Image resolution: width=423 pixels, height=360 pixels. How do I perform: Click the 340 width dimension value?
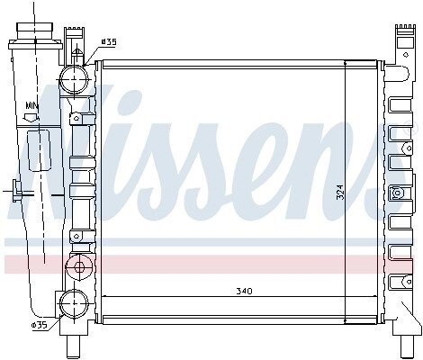pyautogui.click(x=244, y=291)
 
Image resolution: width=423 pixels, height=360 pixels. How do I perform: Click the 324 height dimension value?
pyautogui.click(x=340, y=192)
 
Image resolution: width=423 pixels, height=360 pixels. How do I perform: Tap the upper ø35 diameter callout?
pyautogui.click(x=108, y=42)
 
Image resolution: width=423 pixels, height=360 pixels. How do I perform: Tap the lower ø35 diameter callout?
pyautogui.click(x=40, y=325)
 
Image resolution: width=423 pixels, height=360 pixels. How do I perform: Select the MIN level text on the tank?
pyautogui.click(x=32, y=105)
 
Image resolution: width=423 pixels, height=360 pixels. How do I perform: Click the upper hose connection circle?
pyautogui.click(x=74, y=79)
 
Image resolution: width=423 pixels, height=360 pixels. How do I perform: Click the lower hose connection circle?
pyautogui.click(x=74, y=304)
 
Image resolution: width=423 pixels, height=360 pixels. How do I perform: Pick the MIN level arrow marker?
pyautogui.click(x=31, y=118)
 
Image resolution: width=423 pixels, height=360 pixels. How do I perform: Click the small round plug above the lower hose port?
pyautogui.click(x=79, y=266)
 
